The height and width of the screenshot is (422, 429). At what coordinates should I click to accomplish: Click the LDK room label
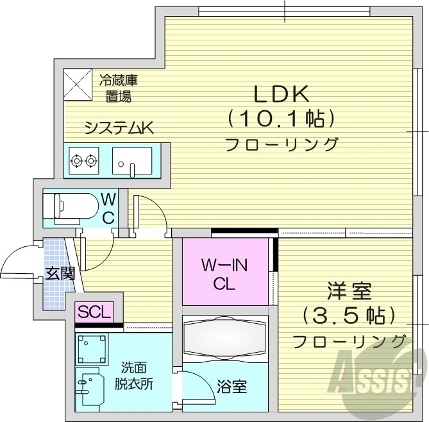click(282, 94)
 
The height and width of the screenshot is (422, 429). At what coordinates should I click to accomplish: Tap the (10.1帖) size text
click(282, 119)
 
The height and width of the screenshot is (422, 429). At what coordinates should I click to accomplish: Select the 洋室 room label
click(349, 292)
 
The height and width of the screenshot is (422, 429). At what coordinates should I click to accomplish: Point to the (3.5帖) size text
click(349, 316)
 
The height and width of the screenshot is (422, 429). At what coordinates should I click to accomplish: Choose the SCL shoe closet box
click(95, 313)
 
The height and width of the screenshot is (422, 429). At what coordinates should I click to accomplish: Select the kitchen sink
click(131, 160)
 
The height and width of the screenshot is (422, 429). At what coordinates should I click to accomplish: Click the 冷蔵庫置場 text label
click(119, 89)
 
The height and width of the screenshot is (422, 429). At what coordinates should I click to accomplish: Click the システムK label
click(119, 128)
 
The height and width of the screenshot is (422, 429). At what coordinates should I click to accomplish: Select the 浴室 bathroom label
click(231, 387)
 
